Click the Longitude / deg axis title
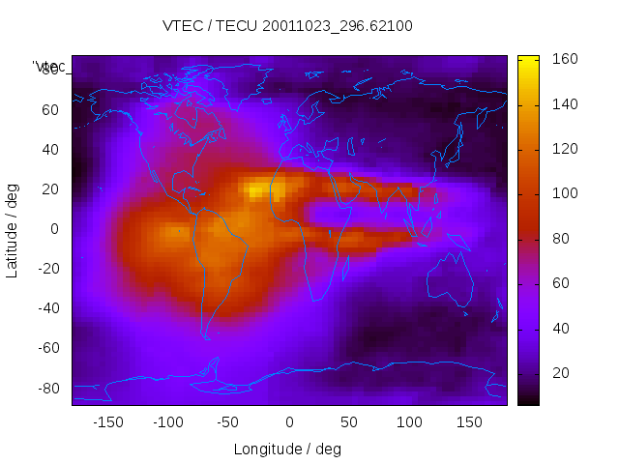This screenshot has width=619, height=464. pos(287,449)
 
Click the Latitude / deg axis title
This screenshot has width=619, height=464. pos(13,228)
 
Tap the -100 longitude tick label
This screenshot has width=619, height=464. pos(167,422)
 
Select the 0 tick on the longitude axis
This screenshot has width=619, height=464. pos(288,422)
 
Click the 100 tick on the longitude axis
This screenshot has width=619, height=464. pos(409,422)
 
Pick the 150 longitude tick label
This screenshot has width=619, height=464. pos(469,422)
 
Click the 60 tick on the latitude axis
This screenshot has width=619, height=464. pos(50,109)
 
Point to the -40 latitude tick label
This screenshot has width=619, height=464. pos(46,308)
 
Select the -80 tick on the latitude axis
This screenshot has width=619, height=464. pos(46,388)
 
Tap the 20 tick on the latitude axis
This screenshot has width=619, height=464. pos(50,189)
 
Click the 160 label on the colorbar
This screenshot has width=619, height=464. pos(564,59)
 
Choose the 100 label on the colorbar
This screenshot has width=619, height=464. pos(564,193)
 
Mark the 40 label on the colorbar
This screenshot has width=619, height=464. pos(560,329)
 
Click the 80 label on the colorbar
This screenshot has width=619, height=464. pos(560,239)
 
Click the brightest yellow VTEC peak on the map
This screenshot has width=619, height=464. pos(254,190)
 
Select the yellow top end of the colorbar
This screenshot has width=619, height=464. pos(528,60)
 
